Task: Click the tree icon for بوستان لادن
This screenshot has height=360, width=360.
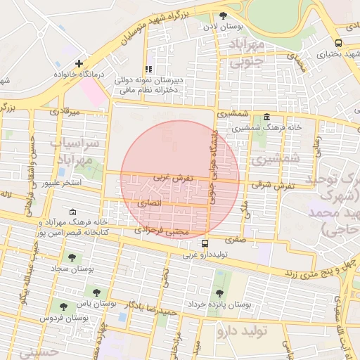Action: [224, 15]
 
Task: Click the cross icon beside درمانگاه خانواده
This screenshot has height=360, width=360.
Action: [79, 63]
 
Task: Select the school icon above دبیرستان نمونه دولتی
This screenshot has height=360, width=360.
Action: [148, 69]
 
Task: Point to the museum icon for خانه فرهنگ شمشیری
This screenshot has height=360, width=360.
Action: [266, 117]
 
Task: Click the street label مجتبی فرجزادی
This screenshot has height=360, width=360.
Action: [162, 230]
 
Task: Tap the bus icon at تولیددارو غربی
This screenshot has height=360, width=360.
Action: [205, 243]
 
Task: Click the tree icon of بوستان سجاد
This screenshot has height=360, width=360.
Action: [70, 257]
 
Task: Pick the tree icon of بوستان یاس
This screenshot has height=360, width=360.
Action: [96, 292]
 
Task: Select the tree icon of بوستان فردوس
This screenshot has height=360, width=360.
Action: [64, 307]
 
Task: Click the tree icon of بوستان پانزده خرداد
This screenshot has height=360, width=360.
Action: [219, 293]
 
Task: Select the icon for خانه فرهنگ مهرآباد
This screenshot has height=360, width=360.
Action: [74, 212]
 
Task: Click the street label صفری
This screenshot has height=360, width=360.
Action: [235, 239]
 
